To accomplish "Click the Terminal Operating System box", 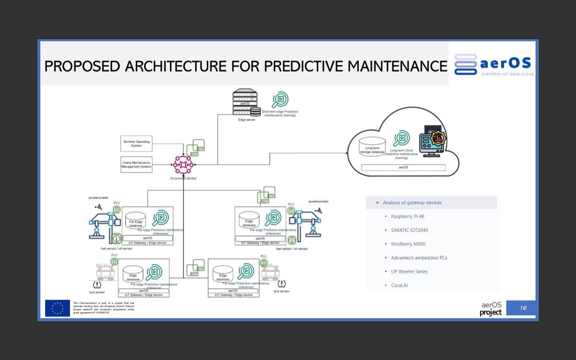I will tap(136, 144).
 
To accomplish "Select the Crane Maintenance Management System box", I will tap(136, 164).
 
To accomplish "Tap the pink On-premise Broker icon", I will tap(183, 164).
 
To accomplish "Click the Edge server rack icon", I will tap(245, 102).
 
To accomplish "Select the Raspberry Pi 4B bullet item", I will tap(407, 216).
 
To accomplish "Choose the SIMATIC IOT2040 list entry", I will tap(409, 230).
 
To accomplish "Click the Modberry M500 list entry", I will tap(408, 244).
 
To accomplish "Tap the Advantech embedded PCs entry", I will tap(419, 258).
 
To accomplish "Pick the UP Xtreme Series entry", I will tap(409, 272).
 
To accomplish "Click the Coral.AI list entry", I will tap(399, 285).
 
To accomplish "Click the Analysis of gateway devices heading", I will tap(412, 203).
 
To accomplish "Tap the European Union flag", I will tap(58, 308).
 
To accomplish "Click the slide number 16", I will tap(523, 308).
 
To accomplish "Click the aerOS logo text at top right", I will tap(506, 63).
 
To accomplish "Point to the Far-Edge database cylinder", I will tap(136, 220).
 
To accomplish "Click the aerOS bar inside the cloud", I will tap(403, 168).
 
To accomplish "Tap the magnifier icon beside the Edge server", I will tap(280, 99).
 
